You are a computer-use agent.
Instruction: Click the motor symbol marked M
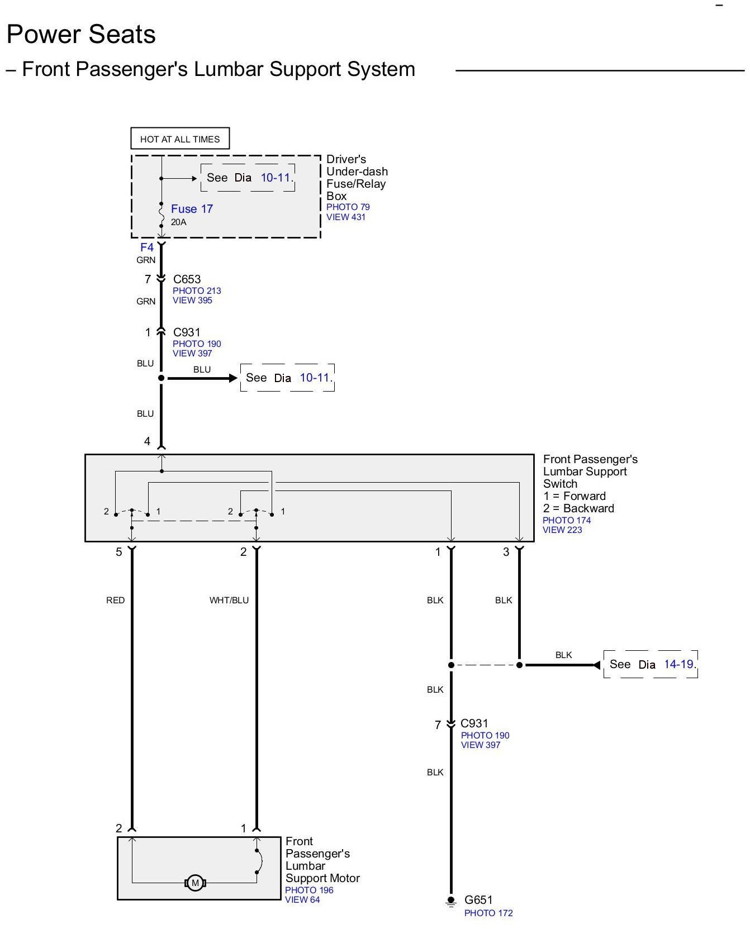pos(195,883)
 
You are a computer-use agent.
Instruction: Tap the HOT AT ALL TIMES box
pos(180,139)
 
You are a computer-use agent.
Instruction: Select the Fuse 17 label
pos(192,209)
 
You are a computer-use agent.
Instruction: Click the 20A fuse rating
pos(179,222)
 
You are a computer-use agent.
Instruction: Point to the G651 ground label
pos(478,900)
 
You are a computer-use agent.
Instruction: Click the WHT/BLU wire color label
pos(229,601)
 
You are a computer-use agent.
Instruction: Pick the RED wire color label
pos(116,601)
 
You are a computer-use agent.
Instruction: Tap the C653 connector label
pos(187,279)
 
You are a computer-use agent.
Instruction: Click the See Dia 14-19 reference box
pos(651,664)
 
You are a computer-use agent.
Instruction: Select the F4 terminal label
pos(147,247)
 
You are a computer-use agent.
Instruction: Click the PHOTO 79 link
pos(348,207)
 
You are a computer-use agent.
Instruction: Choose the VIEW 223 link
pos(562,530)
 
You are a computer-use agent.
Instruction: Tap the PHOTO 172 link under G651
pos(488,913)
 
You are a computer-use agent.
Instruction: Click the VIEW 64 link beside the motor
pos(302,900)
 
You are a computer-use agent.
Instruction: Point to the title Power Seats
pos(81,35)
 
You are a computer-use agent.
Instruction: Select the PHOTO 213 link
pos(197,291)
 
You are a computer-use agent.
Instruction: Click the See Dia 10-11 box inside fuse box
pos(248,178)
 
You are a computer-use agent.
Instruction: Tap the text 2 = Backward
pos(578,508)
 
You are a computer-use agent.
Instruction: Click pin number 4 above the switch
pos(147,442)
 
